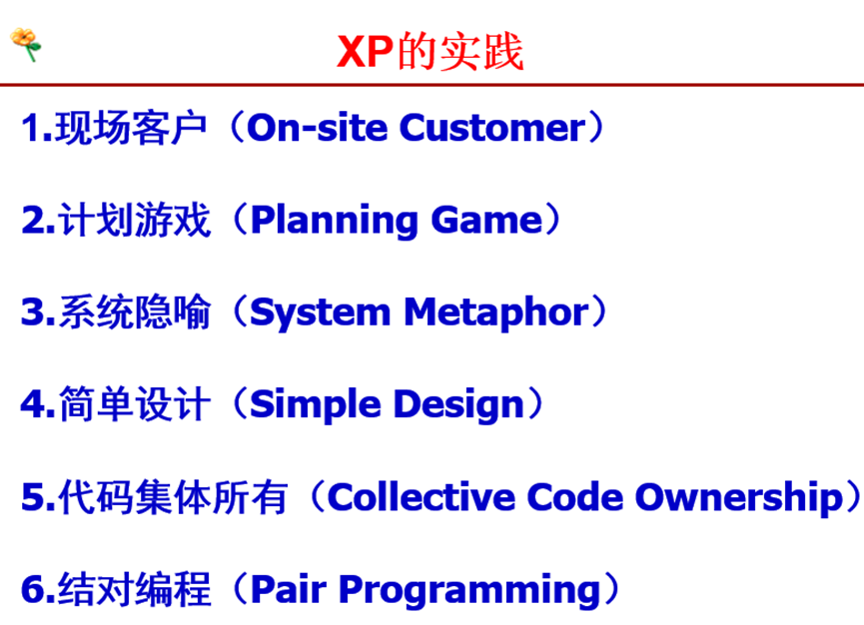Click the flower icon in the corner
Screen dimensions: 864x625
(25, 44)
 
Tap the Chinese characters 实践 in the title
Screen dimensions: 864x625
(481, 51)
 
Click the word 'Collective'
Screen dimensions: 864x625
(421, 497)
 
